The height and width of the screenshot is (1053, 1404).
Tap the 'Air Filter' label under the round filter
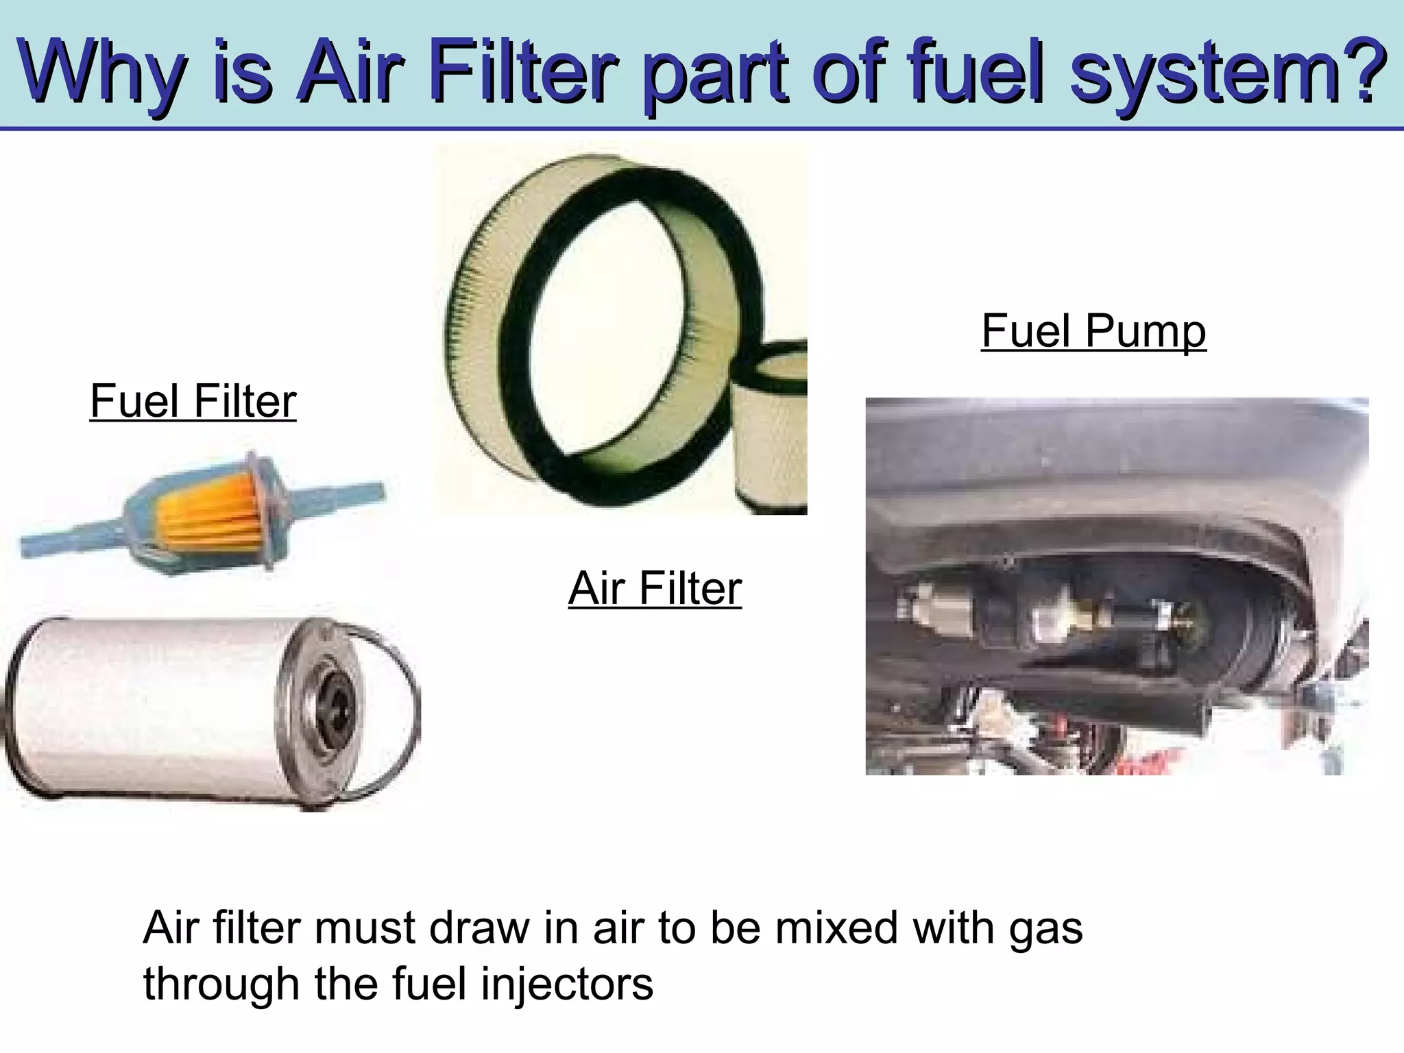(x=655, y=588)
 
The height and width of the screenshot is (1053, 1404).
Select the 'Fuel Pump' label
(x=1093, y=331)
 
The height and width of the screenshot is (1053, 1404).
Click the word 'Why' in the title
(x=103, y=72)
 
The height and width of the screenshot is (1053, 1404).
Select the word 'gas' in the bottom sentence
(x=1045, y=929)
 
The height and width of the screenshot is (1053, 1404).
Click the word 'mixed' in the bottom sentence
(x=803, y=928)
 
